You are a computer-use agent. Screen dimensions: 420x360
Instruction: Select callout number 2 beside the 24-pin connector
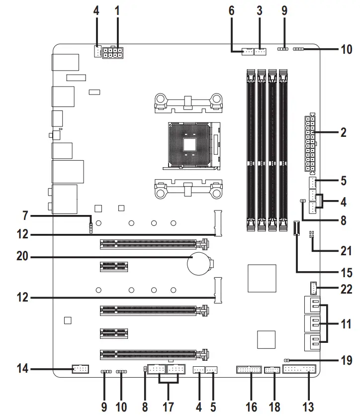coord(343,133)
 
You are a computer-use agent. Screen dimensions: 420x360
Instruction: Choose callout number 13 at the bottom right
coord(308,407)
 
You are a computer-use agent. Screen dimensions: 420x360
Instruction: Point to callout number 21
coord(343,251)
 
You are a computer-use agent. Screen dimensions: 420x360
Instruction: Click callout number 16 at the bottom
coord(251,407)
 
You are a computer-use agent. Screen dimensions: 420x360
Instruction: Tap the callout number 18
coord(273,407)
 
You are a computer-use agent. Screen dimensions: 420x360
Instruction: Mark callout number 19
coord(343,358)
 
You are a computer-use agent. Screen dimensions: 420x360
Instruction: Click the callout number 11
coord(343,323)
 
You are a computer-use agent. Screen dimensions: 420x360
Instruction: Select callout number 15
coord(343,273)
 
